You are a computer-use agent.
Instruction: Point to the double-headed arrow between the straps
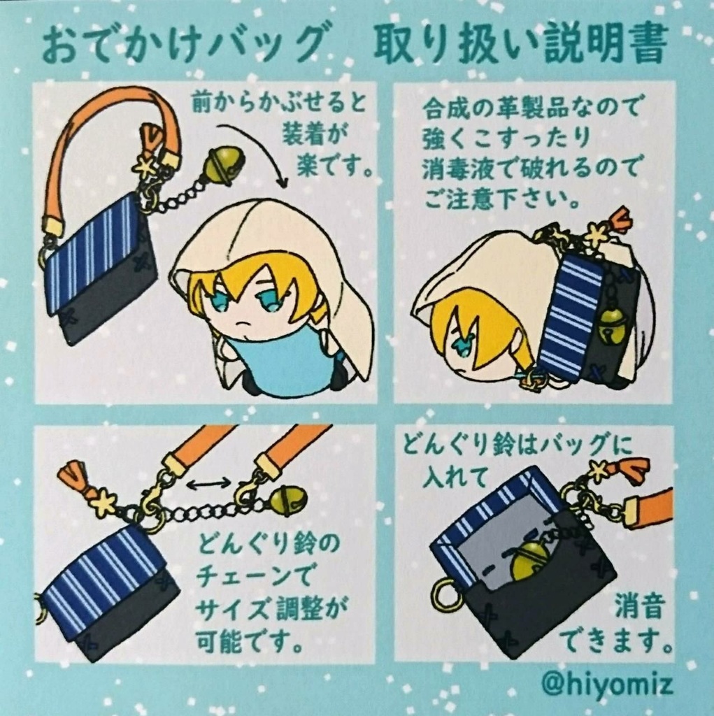click(x=208, y=483)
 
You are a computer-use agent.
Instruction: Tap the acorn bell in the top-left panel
click(x=224, y=166)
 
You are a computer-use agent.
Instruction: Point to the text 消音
click(x=638, y=607)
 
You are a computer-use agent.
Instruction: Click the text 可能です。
click(x=252, y=640)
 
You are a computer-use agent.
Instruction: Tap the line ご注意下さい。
click(x=502, y=199)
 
